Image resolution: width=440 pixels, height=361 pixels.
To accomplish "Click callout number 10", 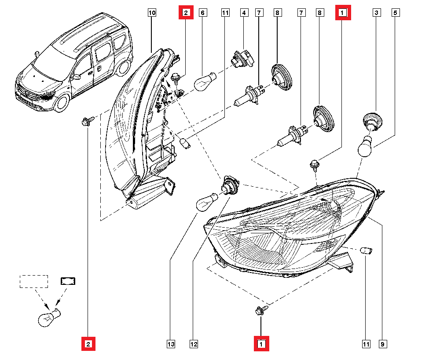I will tap(151, 13).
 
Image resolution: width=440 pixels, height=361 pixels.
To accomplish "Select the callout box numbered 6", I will tap(203, 13).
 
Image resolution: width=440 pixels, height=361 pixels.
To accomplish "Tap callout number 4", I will tap(243, 13).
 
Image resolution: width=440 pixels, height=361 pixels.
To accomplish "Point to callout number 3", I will tap(377, 13).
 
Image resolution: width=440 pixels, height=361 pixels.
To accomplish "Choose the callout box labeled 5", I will tap(395, 13).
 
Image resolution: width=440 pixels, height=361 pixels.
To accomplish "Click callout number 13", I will tap(170, 344).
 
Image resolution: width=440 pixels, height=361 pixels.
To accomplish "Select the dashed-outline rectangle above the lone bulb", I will tap(33, 281).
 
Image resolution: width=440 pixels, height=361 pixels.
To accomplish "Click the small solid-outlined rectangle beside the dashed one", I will tap(68, 281).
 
